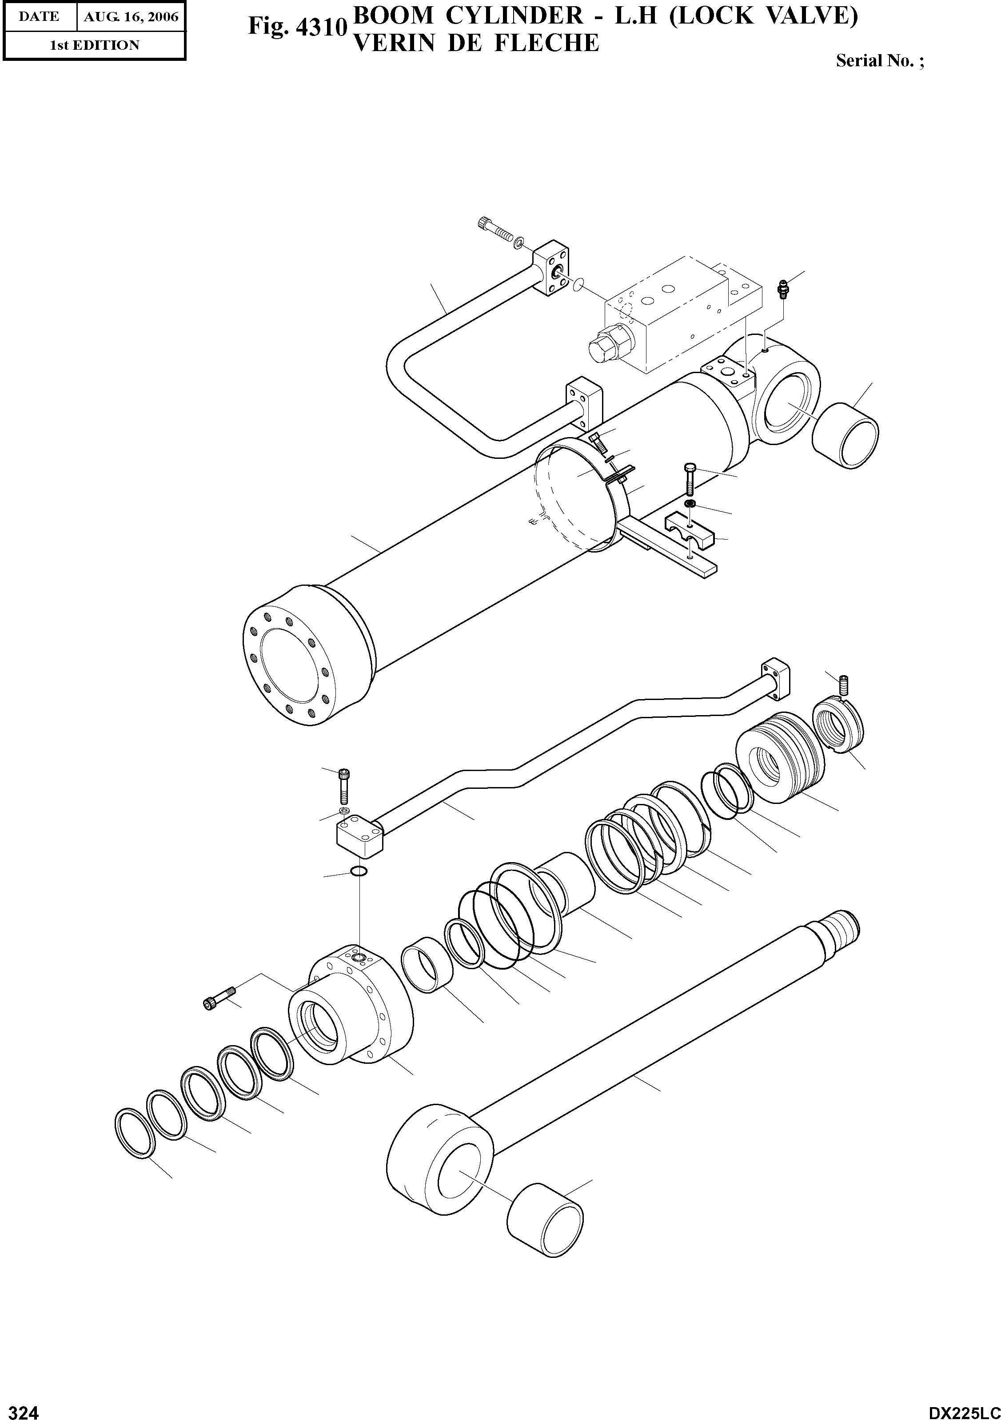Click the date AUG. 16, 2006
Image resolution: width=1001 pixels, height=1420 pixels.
[131, 17]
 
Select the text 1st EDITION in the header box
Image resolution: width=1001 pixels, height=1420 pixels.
[94, 45]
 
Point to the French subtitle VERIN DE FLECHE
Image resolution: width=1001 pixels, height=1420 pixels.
[475, 43]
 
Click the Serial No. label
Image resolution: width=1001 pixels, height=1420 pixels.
[878, 60]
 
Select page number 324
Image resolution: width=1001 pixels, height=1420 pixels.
[20, 1408]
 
